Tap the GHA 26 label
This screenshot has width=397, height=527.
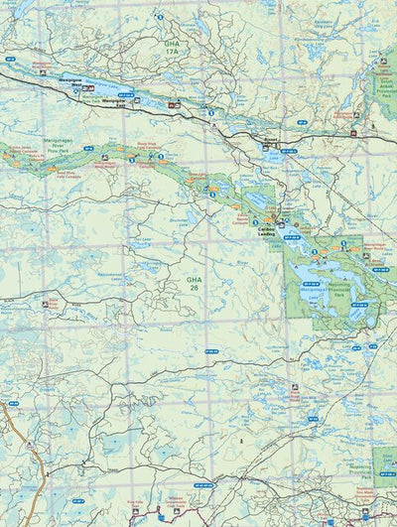(x=196, y=283)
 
